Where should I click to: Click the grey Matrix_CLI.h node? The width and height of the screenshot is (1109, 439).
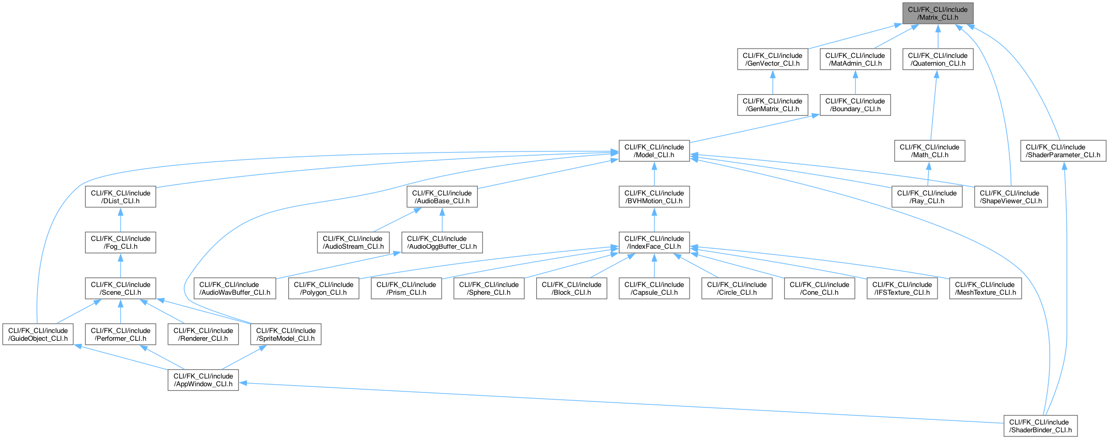point(938,13)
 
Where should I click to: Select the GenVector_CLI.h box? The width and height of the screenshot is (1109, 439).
point(772,59)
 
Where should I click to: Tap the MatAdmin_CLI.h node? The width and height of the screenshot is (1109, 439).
point(855,59)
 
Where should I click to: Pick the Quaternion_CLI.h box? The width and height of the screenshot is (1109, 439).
point(938,59)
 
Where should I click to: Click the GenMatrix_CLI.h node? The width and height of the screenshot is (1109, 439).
point(772,105)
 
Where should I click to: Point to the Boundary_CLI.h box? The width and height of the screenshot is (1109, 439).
point(855,105)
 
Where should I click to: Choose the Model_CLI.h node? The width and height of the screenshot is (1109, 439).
point(654,151)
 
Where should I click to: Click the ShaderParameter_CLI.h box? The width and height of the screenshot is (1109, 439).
point(1063,151)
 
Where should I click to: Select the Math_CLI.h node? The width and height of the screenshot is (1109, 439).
point(929,151)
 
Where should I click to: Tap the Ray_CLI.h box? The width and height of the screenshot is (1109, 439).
point(927,197)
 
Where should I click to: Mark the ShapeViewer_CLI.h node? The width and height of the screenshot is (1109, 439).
point(1010,197)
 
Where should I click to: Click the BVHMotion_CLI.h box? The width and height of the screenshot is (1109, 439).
point(654,197)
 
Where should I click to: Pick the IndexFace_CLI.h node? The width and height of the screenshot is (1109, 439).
point(654,243)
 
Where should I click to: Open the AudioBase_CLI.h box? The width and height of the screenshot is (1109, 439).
point(442,197)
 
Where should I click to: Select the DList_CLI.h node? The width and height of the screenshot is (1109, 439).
point(120,197)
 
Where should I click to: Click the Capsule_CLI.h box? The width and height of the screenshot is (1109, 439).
point(654,289)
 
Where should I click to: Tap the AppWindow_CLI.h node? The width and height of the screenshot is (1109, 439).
point(203,380)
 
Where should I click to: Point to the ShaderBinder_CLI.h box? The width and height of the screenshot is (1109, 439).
point(1040,426)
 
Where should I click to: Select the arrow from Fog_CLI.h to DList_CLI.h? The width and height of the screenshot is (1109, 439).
point(120,220)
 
